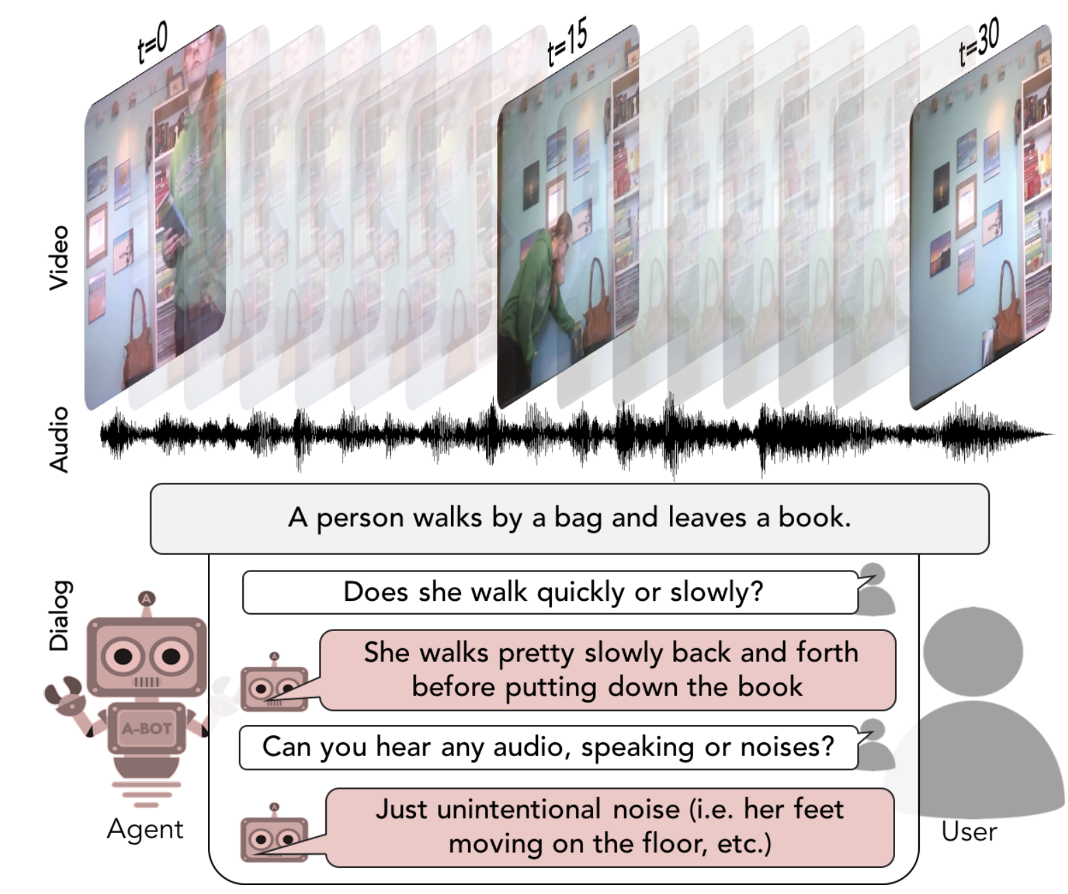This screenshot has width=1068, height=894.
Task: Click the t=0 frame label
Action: pos(152,43)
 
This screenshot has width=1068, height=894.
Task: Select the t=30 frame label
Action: pos(978,43)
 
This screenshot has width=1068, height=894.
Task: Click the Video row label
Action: pos(59,257)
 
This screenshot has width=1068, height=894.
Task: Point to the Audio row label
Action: pos(59,439)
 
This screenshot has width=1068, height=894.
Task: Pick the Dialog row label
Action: pos(59,615)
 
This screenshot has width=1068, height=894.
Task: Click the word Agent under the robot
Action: pos(145,829)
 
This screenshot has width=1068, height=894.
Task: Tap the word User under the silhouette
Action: pos(968,832)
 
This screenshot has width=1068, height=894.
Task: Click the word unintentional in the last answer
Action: pos(518,809)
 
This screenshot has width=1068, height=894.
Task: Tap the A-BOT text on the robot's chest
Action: pos(146,729)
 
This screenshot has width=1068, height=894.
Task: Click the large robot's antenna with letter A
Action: pos(146,599)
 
